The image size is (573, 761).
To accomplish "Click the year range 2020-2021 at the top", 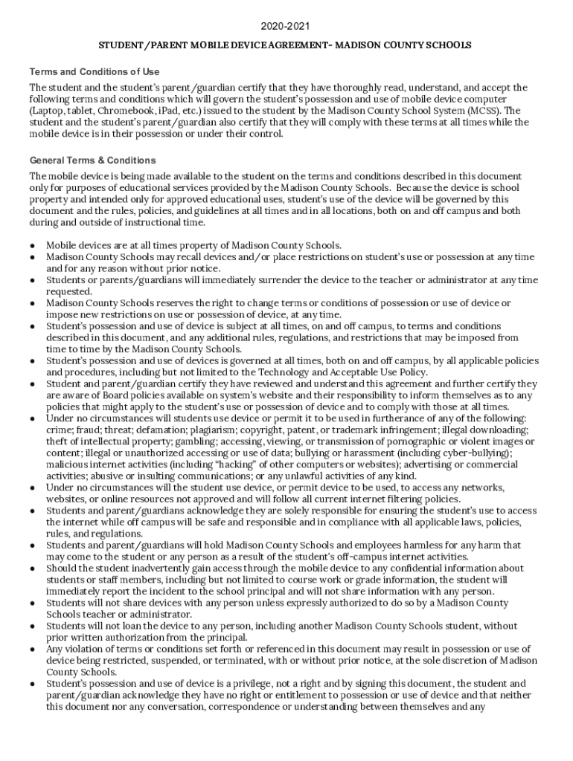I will coord(286,27).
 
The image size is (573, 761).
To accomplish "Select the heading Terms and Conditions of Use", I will coord(94,72).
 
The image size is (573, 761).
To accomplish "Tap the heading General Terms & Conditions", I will coord(92,161).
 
